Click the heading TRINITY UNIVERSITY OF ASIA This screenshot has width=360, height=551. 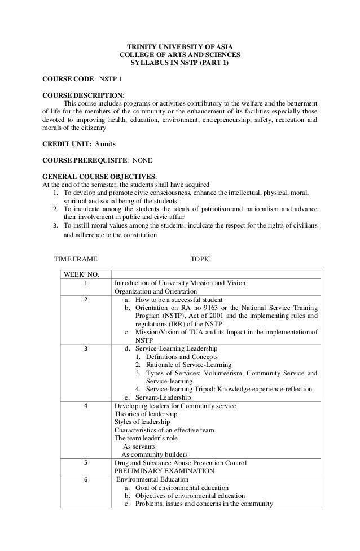pyautogui.click(x=179, y=46)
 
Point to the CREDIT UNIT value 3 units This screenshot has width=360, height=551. pyautogui.click(x=106, y=143)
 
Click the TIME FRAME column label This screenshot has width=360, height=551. pyautogui.click(x=75, y=259)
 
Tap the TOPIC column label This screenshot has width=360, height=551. pyautogui.click(x=200, y=259)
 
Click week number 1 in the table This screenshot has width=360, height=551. pyautogui.click(x=86, y=283)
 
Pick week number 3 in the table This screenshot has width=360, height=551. pyautogui.click(x=86, y=349)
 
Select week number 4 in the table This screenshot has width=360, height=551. pyautogui.click(x=86, y=406)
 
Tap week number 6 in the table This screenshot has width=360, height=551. pyautogui.click(x=86, y=480)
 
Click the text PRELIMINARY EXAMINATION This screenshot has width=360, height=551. pyautogui.click(x=164, y=471)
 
